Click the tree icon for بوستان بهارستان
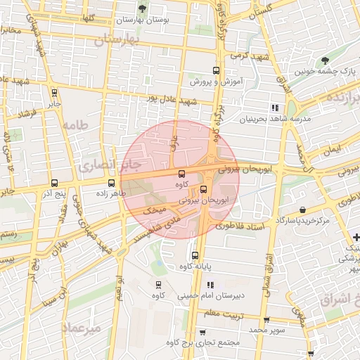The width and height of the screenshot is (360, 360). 143,8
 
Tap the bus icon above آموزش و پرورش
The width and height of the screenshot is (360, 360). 216,70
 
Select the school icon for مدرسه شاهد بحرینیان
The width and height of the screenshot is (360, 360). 274,108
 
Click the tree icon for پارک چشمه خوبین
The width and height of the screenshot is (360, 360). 324,61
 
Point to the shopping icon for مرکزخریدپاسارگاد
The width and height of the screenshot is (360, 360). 302,210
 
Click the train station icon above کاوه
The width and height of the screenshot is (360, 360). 157,285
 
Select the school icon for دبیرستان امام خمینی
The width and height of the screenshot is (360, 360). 210,285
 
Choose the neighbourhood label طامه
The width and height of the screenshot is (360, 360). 72,125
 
